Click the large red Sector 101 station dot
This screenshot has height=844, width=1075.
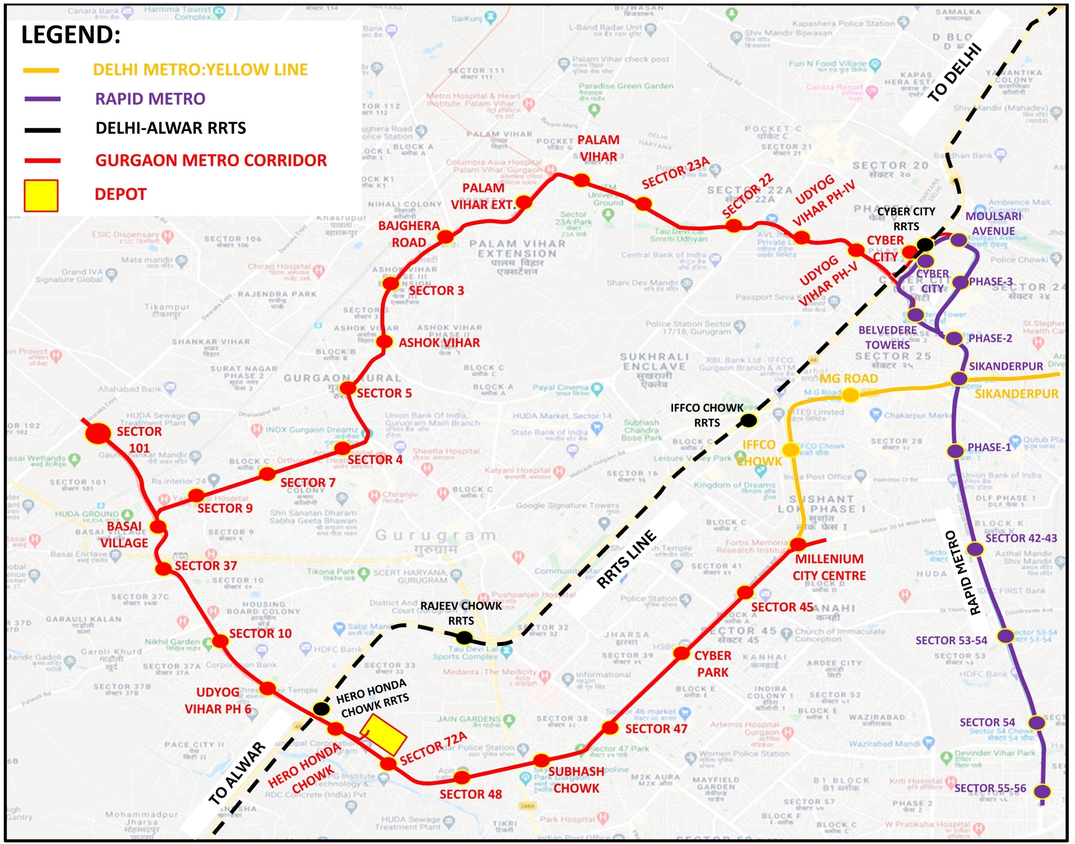coord(98,434)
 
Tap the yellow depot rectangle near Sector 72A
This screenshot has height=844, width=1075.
coord(383,734)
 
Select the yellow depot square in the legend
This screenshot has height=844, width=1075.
coord(41,195)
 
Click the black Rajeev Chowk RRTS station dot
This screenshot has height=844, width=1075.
coord(464,638)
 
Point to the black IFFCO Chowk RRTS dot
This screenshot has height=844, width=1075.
coord(748,420)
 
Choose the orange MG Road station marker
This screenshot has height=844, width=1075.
coord(849,395)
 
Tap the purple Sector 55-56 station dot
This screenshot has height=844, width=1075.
coord(1042,791)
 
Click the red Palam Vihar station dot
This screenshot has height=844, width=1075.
coord(581,180)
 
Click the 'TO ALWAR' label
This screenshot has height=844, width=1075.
coord(237,773)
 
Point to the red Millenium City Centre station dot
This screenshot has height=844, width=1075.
coord(798,544)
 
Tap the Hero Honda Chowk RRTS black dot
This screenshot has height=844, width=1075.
coord(321,708)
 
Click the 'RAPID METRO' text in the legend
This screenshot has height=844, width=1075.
coord(150,99)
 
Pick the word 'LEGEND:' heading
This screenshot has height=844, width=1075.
coord(71,35)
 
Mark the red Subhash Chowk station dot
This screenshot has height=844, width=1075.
coord(541,761)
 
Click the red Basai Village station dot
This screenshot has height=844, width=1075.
coord(158,527)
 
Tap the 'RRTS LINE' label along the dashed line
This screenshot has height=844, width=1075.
coord(626,559)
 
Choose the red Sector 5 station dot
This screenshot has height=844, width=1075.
coord(348,387)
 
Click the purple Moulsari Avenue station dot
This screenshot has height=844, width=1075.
coord(958,240)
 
